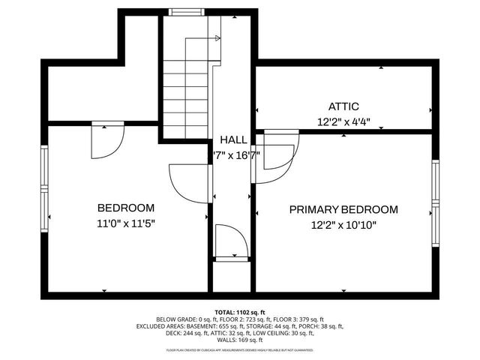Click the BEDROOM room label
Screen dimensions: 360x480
pos(126,208)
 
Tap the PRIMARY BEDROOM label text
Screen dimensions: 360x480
pos(343,210)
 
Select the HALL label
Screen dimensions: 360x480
pos(233,140)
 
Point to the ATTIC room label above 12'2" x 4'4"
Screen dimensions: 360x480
pos(343,106)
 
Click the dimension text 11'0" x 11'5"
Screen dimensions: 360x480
pos(126,223)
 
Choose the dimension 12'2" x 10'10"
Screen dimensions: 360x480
pos(343,225)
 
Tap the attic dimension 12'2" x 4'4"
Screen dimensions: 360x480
pos(343,121)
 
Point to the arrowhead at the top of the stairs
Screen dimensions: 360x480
pos(217,37)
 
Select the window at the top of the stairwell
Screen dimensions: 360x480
pos(182,12)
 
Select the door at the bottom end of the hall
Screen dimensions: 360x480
pos(231,242)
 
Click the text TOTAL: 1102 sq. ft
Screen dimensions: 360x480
pos(240,311)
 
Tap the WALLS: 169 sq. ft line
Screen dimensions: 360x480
pos(240,341)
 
